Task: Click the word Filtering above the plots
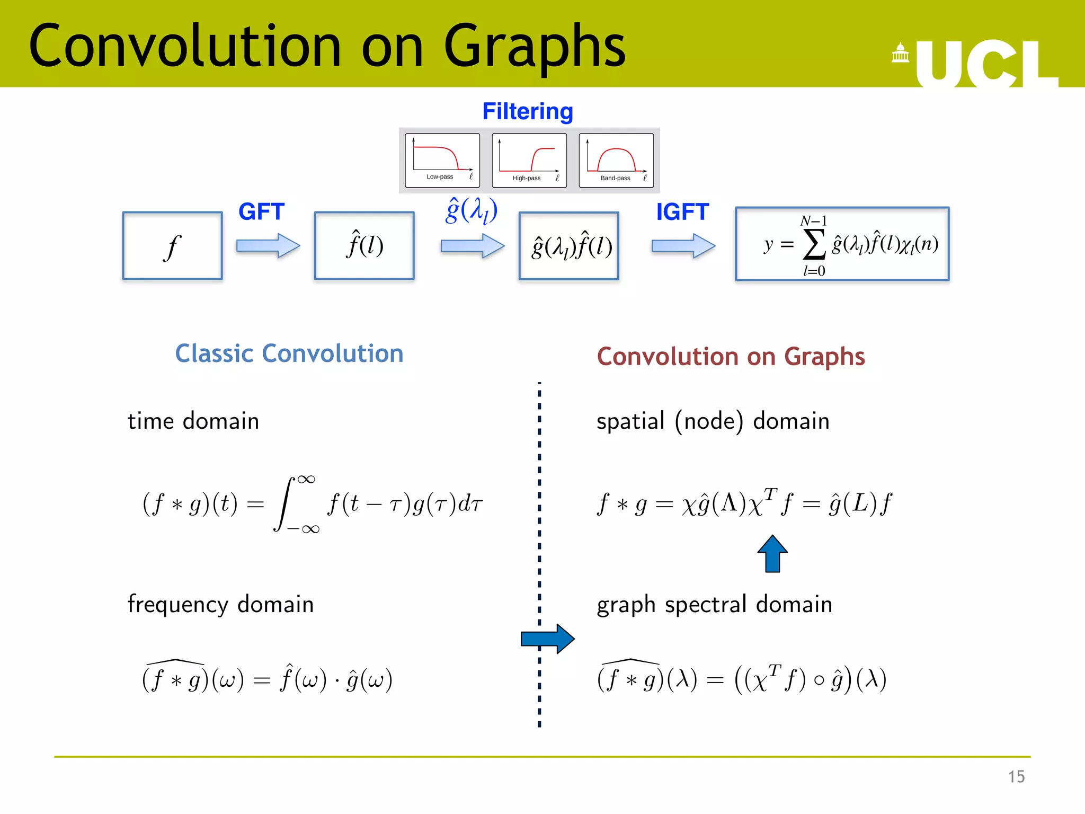pyautogui.click(x=528, y=111)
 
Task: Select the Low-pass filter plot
pyautogui.click(x=442, y=161)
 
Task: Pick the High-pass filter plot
pyautogui.click(x=529, y=161)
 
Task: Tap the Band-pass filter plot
pyautogui.click(x=616, y=161)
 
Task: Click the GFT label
pyautogui.click(x=261, y=212)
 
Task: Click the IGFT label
pyautogui.click(x=682, y=212)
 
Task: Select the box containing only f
pyautogui.click(x=172, y=246)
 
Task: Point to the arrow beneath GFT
pyautogui.click(x=268, y=246)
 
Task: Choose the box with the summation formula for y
pyautogui.click(x=842, y=244)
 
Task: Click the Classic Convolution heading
pyautogui.click(x=289, y=353)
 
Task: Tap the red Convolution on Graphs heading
pyautogui.click(x=731, y=357)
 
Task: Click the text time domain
pyautogui.click(x=193, y=421)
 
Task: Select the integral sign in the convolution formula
pyautogui.click(x=285, y=503)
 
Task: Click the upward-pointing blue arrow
pyautogui.click(x=772, y=553)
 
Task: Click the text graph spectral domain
pyautogui.click(x=714, y=605)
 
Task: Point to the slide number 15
pyautogui.click(x=1016, y=777)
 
